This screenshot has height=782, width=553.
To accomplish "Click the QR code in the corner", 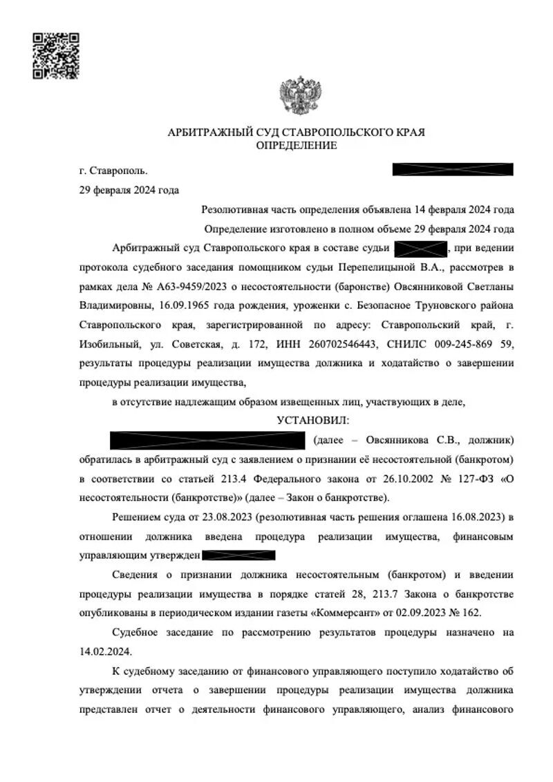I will (x=56, y=55).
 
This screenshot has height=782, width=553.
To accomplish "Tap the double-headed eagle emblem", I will (x=297, y=98).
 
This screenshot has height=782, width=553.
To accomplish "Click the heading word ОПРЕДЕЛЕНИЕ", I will (x=297, y=145).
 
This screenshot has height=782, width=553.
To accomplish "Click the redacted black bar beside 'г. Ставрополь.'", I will (x=453, y=169).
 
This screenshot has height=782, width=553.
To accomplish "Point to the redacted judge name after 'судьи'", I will (x=420, y=247).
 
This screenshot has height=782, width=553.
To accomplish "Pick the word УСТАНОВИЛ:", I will (x=313, y=420).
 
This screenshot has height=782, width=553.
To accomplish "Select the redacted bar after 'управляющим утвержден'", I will (x=240, y=555).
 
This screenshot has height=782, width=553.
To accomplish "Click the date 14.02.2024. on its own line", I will (x=106, y=651).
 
